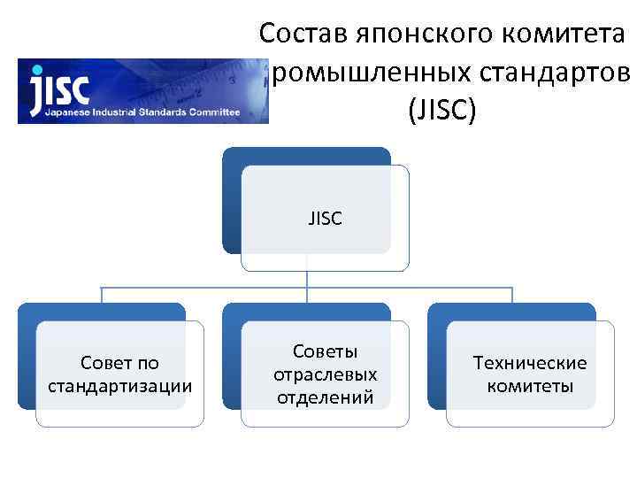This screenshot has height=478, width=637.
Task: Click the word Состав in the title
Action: [x=302, y=35]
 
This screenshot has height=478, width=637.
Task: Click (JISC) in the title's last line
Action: [x=442, y=111]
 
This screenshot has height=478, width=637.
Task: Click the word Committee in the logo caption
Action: [x=212, y=113]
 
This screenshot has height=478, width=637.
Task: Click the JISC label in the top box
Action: [x=325, y=219]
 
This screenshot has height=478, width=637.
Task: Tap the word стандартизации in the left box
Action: [x=119, y=386]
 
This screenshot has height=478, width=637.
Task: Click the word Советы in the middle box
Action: [x=325, y=351]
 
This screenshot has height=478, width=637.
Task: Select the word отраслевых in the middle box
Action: [x=325, y=374]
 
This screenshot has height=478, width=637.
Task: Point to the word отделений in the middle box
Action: [x=325, y=396]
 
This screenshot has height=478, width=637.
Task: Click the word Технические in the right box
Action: [x=530, y=363]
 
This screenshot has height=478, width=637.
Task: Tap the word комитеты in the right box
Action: [x=530, y=386]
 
